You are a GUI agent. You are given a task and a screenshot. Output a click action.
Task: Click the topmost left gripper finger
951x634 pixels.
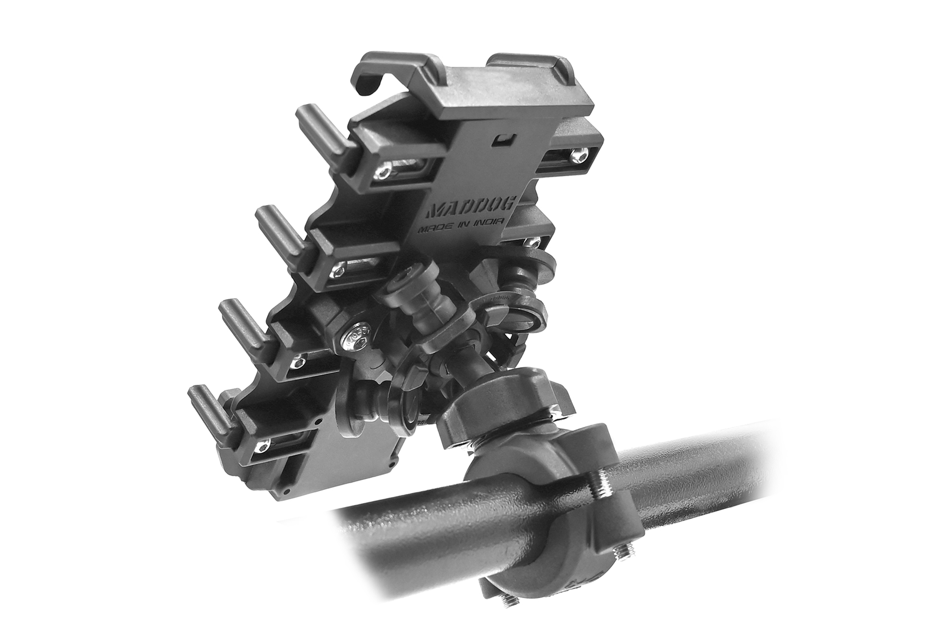[325, 126]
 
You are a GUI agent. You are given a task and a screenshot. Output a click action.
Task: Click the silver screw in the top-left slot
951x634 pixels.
[384, 172]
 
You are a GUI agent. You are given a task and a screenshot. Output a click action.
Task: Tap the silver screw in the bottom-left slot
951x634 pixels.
[261, 447]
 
